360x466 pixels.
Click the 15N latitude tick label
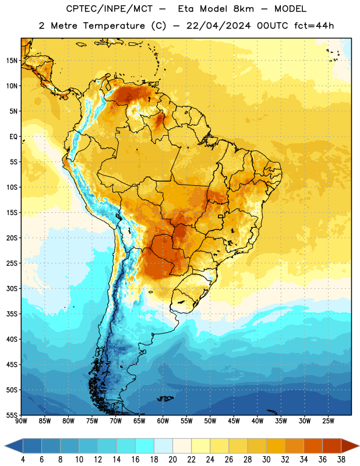point(12,61)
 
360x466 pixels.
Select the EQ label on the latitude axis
point(13,137)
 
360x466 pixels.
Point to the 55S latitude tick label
point(12,415)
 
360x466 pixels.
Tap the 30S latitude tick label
point(12,288)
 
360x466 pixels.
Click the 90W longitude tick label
point(22,421)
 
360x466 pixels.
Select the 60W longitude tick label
point(163,421)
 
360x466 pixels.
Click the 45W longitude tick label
point(234,421)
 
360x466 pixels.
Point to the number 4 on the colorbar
point(23,460)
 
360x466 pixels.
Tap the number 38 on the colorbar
point(341,460)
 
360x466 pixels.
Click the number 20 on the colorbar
point(172,460)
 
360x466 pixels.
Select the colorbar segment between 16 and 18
point(145,446)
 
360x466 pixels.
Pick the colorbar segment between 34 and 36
point(313,446)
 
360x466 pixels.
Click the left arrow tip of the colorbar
point(5,446)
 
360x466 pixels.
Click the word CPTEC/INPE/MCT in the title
point(110,9)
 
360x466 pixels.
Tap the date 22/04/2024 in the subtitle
point(218,26)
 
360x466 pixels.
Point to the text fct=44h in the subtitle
point(314,26)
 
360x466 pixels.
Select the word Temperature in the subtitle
point(114,26)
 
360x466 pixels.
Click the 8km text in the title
point(243,9)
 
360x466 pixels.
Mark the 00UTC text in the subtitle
point(273,26)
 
